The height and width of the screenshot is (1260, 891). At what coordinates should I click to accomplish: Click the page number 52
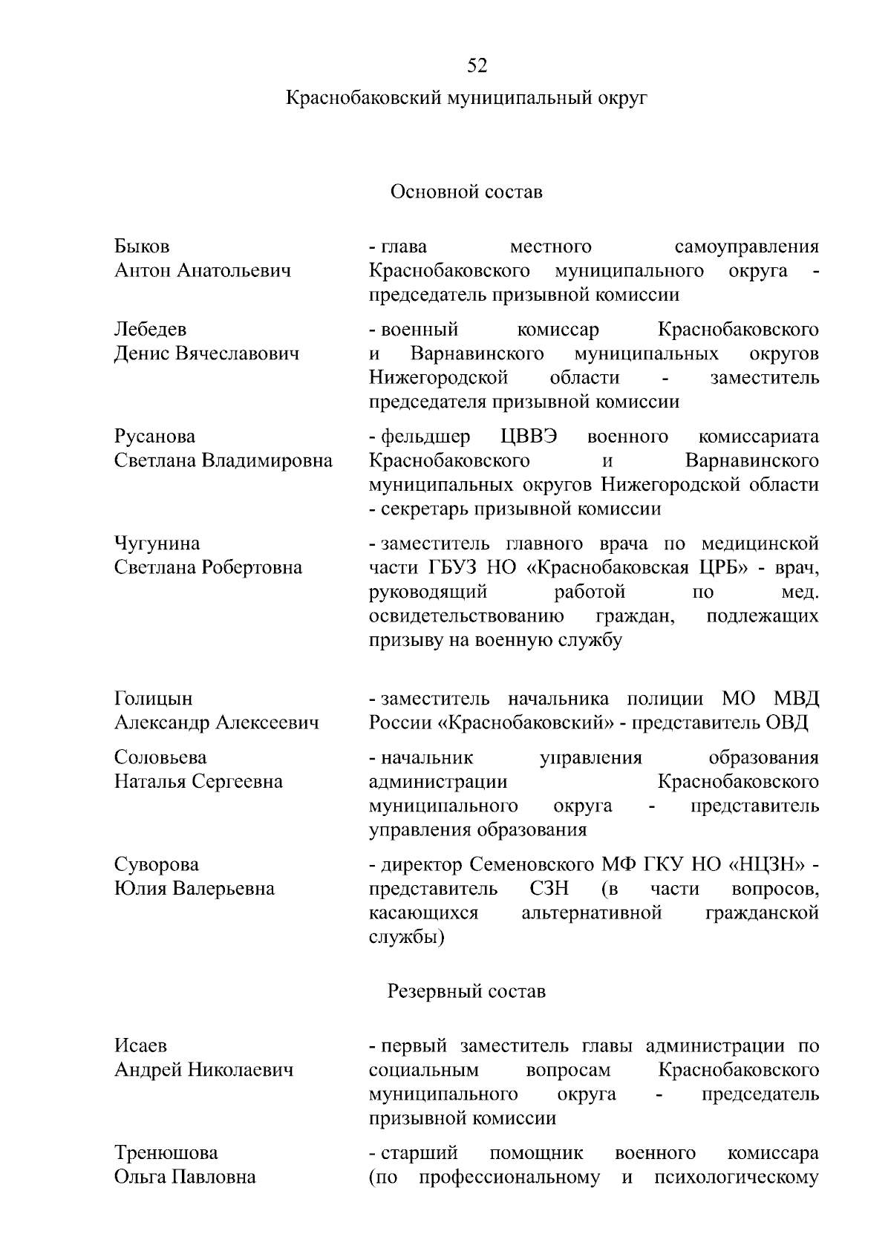[477, 67]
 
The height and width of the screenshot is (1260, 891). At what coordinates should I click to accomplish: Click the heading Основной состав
[466, 192]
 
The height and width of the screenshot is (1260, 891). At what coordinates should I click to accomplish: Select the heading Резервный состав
[466, 992]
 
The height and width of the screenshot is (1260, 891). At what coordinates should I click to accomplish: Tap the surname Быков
[142, 247]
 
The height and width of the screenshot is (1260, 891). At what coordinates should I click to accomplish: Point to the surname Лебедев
[150, 330]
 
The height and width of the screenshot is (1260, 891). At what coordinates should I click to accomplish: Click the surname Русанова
[154, 437]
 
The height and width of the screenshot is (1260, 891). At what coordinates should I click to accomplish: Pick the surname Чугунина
[157, 544]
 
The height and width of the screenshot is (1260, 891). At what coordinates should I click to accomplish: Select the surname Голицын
[153, 699]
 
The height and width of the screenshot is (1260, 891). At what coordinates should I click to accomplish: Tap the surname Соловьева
[160, 758]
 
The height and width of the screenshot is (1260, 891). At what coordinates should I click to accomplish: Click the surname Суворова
[157, 865]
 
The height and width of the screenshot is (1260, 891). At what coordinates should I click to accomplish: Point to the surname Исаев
[141, 1046]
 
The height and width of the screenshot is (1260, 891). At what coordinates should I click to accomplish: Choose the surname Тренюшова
[166, 1153]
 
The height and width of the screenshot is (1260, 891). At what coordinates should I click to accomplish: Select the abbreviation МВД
[796, 699]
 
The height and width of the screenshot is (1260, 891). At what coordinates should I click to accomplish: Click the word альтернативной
[591, 913]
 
